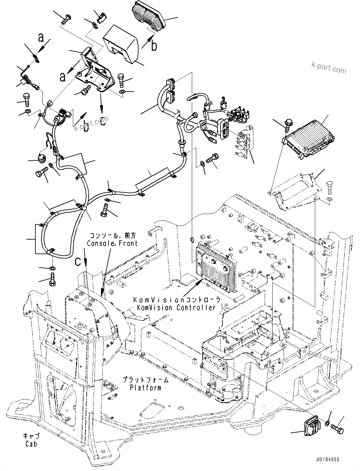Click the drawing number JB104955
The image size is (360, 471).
click(327, 459)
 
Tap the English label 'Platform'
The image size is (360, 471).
click(145, 388)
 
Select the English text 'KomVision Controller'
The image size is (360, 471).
click(174, 307)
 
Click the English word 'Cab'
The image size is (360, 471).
click(31, 444)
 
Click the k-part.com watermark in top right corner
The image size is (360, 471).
click(328, 68)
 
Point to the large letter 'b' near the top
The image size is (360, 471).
click(154, 46)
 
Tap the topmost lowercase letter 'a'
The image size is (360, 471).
click(41, 38)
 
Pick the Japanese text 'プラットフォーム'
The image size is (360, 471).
click(145, 380)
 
